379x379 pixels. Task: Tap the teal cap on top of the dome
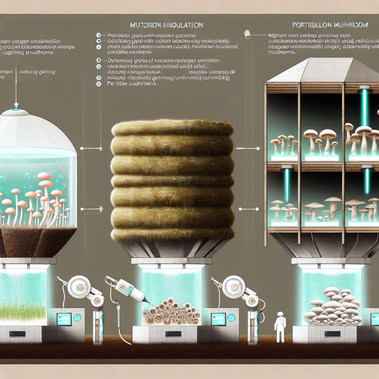point(16,110)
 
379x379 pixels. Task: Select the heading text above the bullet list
point(167,25)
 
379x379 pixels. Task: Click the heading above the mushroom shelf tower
point(329,25)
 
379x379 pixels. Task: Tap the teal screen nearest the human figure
point(219,319)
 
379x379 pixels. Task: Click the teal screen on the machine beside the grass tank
point(64,319)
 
